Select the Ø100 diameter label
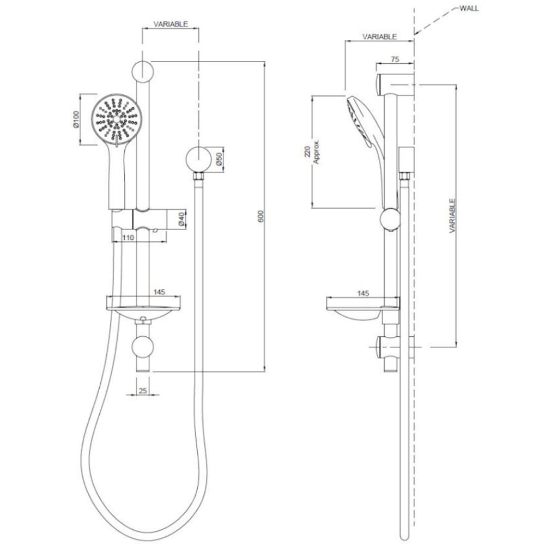(77, 119)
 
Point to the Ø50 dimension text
(218, 159)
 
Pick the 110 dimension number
(128, 237)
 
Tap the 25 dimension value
(143, 390)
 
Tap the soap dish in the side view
(357, 307)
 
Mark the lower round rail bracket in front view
(143, 347)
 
